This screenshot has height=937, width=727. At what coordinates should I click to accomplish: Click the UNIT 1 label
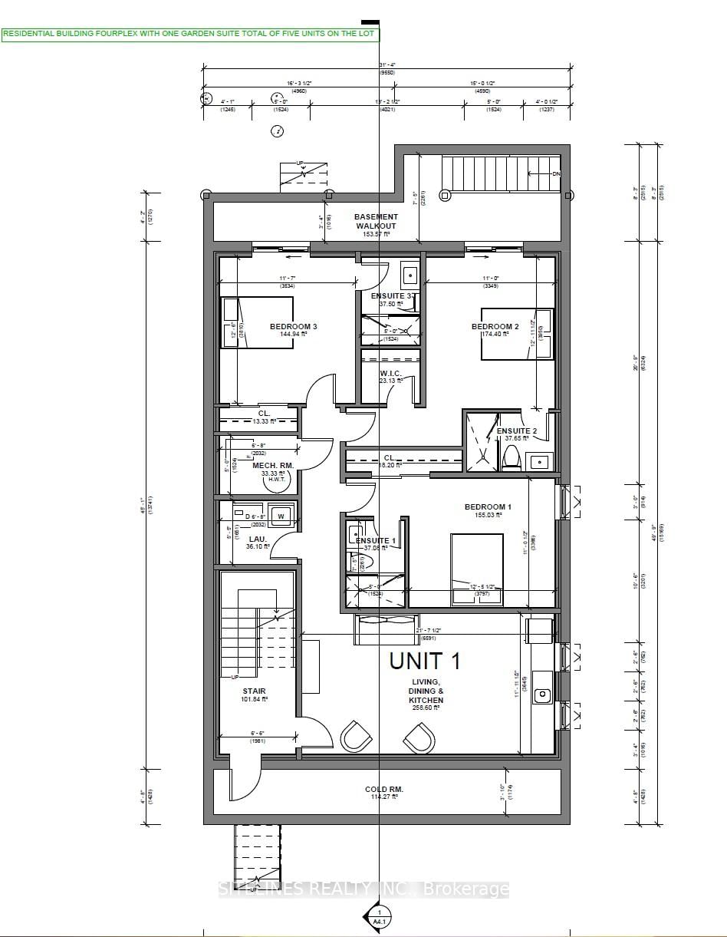(x=424, y=661)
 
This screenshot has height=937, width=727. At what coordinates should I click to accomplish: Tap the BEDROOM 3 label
(x=293, y=327)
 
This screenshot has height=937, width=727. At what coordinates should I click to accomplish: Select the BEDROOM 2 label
(x=495, y=327)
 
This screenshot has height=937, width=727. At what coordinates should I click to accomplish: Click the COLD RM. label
(x=384, y=790)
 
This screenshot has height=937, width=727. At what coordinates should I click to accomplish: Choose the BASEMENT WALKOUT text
(x=376, y=221)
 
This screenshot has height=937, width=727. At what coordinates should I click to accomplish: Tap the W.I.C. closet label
(x=390, y=374)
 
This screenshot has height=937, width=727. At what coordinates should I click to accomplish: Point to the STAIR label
(x=254, y=691)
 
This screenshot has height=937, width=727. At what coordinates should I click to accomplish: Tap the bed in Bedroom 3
(x=258, y=322)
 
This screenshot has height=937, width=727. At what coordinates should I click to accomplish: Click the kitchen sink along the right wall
(x=543, y=695)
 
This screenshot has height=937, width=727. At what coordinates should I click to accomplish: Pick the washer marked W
(x=280, y=516)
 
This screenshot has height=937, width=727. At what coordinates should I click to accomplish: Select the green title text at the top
(x=189, y=34)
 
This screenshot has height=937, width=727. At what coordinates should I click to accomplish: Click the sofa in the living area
(x=387, y=629)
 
